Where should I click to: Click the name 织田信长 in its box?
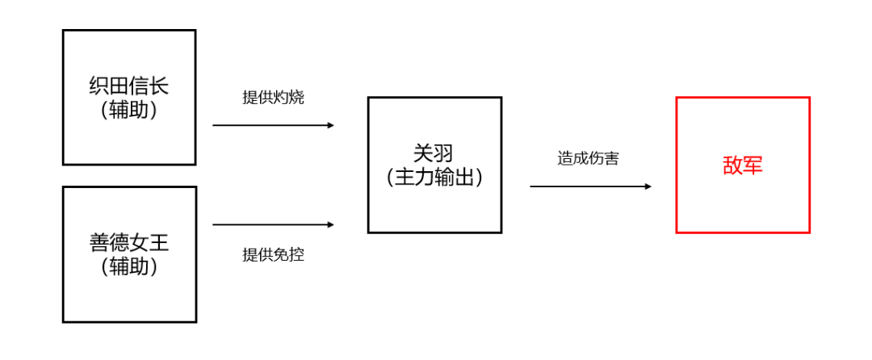129,86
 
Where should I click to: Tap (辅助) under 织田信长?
129,110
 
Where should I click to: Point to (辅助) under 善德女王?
129,266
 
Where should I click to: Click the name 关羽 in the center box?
434,154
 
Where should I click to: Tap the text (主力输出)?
434,178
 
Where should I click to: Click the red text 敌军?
743,165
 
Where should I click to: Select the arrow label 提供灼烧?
274,98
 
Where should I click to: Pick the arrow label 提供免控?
274,255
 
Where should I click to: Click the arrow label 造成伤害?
589,158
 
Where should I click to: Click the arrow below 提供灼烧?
274,125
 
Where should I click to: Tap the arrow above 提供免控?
274,225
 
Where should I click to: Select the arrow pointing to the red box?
590,186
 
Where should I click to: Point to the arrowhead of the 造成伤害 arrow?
648,186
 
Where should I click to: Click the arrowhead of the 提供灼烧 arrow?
331,125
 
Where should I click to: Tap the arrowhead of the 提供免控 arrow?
331,225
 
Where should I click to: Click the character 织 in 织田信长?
99,86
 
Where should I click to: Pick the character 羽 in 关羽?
444,154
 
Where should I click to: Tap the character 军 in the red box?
753,165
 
